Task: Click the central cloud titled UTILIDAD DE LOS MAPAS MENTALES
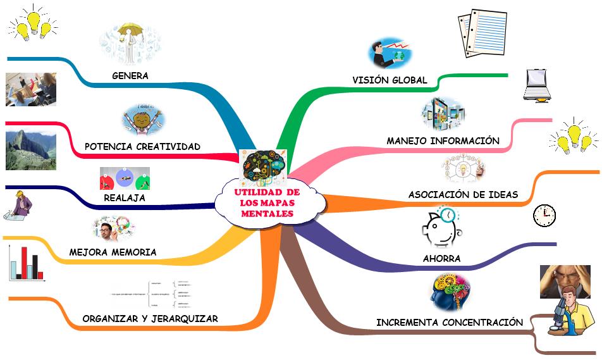click(267, 203)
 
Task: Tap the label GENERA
click(130, 76)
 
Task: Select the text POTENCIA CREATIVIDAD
click(142, 147)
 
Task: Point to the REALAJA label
click(125, 198)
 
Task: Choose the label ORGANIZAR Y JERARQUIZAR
click(150, 319)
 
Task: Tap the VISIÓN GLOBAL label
click(390, 80)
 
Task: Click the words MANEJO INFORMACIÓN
click(443, 140)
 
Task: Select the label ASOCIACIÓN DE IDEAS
click(463, 195)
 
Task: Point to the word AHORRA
click(441, 259)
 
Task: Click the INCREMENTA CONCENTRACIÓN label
click(449, 323)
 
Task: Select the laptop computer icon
click(537, 85)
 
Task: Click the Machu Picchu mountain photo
click(30, 150)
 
